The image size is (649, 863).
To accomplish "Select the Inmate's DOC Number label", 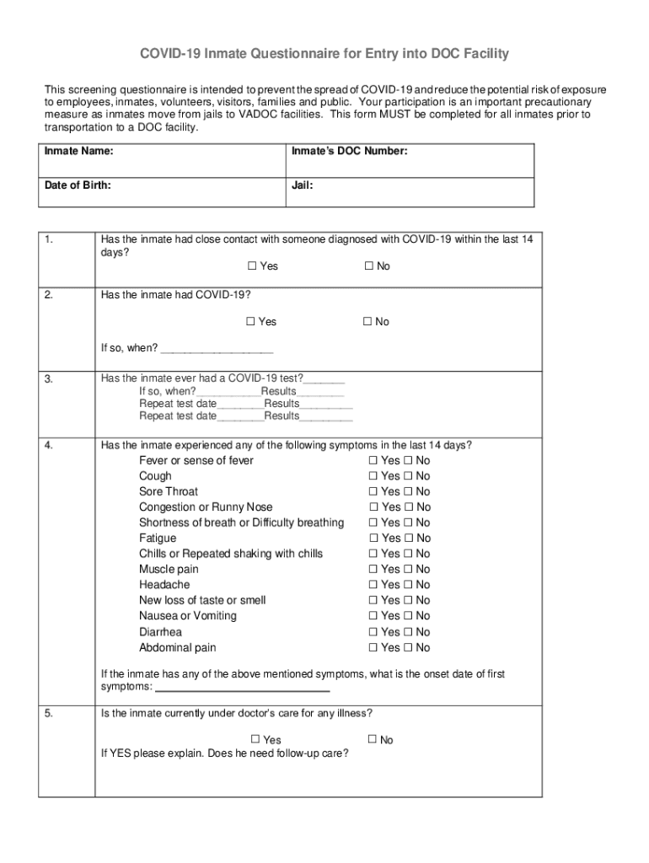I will click(x=350, y=152).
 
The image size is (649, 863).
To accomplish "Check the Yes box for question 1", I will click(x=252, y=266).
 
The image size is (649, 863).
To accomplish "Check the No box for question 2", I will click(x=368, y=322).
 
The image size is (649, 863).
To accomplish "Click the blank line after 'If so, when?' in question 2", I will click(x=217, y=349).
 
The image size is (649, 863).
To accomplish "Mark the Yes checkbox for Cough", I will click(x=373, y=476).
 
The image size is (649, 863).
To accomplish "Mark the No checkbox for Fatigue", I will click(x=408, y=539).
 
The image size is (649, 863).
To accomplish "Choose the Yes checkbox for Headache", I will click(x=373, y=585).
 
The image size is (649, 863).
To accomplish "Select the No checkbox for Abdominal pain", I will click(x=408, y=648).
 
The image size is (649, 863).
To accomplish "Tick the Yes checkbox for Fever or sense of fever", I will click(x=373, y=461).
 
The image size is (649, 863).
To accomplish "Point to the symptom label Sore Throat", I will click(x=169, y=491).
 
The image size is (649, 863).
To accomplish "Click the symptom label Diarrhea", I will click(x=160, y=632).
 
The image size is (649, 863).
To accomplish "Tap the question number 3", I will click(x=49, y=379).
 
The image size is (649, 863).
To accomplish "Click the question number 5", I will click(x=49, y=714).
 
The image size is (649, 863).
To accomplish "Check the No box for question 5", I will click(x=373, y=740).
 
